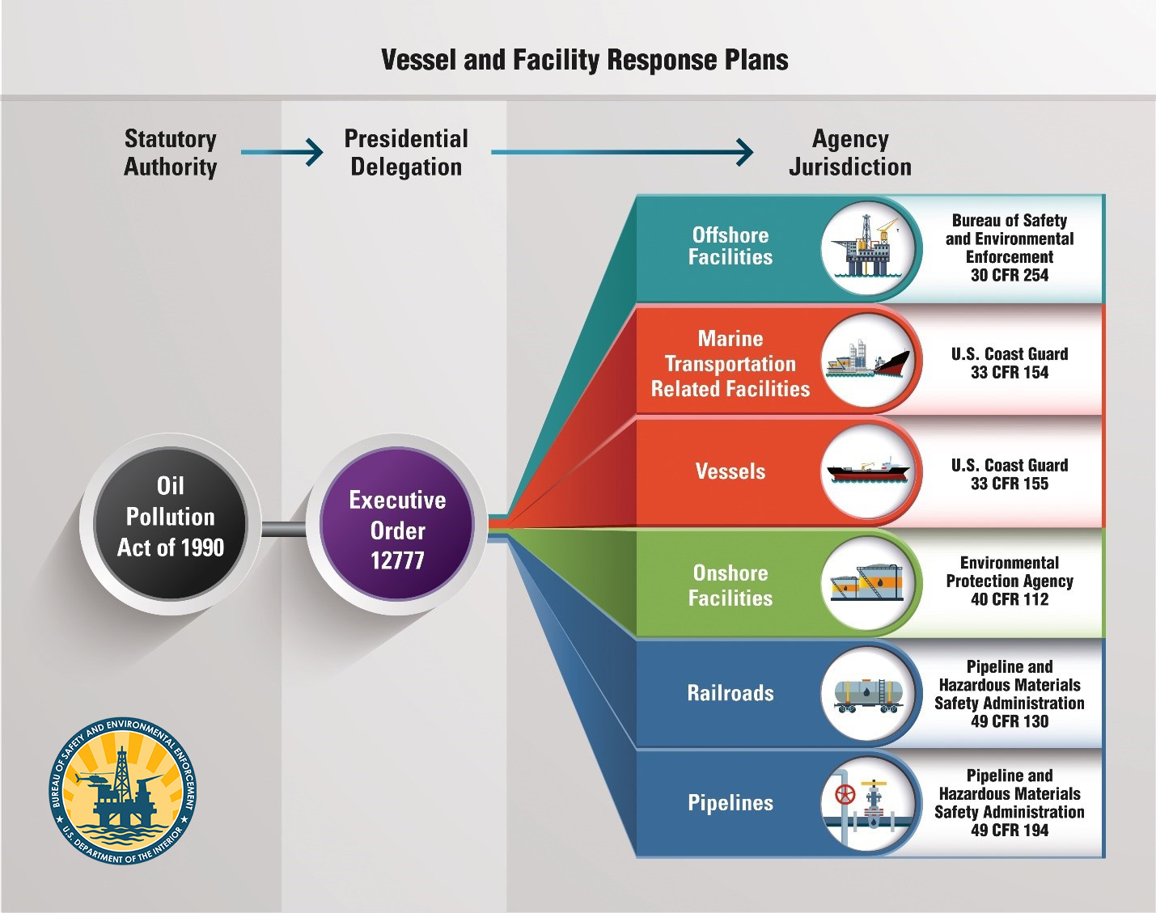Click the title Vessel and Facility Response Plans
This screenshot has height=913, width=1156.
point(584,60)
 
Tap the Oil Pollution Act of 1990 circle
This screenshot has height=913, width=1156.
point(170,523)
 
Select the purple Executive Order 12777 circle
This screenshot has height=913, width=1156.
point(397,523)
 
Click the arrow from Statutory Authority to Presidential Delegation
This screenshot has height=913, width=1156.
point(282,153)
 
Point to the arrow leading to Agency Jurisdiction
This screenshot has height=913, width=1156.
point(623,153)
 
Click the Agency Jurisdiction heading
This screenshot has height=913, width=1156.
point(850,153)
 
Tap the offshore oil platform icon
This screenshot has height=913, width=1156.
point(867,247)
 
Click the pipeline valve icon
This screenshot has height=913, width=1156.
point(868,805)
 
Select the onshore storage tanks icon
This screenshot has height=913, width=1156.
point(867,583)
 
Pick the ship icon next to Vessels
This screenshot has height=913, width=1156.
point(868,470)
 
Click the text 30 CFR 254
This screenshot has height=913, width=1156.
point(1010,275)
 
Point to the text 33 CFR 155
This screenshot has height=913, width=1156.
point(1010,484)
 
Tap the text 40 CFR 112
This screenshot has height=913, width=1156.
point(1010,598)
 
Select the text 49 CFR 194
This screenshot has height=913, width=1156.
point(1010,830)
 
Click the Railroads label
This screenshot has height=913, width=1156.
point(730,693)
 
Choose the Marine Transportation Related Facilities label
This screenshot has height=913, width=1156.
point(730,364)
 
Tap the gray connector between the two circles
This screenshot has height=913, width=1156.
point(284,529)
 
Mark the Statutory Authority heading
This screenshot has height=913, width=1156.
point(170,153)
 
